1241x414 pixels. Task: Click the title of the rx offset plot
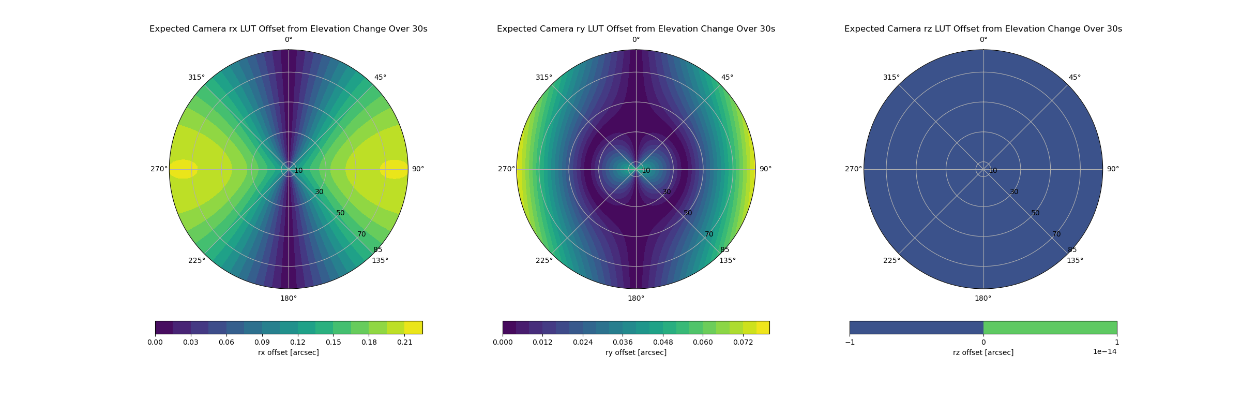click(288, 29)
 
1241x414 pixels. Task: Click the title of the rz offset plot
click(983, 29)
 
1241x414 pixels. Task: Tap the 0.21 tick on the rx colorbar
click(404, 342)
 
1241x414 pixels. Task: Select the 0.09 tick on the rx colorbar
click(262, 342)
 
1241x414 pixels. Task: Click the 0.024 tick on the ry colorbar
click(583, 342)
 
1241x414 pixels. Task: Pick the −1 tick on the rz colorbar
click(850, 342)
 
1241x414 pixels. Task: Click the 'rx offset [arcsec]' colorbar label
click(288, 352)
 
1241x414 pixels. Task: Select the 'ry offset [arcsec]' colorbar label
click(635, 352)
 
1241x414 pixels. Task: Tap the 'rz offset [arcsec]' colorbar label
click(983, 352)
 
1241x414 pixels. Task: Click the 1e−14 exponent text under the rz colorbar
click(1104, 352)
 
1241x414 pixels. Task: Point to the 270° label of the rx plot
click(159, 169)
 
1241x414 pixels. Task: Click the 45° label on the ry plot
click(727, 78)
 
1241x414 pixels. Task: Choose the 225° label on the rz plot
click(891, 260)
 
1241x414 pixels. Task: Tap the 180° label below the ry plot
click(635, 298)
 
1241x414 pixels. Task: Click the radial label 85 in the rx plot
click(377, 250)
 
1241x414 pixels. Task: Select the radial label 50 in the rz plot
click(1035, 213)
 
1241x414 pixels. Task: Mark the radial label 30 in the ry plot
click(667, 192)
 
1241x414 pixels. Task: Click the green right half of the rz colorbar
click(1050, 328)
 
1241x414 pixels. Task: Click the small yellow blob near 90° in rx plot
click(394, 169)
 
